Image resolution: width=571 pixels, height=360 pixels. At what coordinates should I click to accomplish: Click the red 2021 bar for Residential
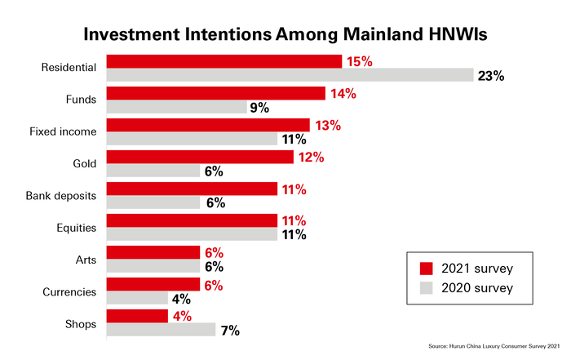tap(224, 61)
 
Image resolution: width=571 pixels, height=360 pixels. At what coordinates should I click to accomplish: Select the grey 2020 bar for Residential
tap(290, 75)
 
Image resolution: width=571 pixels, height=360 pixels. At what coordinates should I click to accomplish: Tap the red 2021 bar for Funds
tap(216, 93)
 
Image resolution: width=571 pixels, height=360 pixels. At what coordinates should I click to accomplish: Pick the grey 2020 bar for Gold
tap(153, 170)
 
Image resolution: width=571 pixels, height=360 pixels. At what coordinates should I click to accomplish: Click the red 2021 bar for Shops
tap(137, 316)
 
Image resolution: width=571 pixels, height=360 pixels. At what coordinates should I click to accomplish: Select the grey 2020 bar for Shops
tap(161, 330)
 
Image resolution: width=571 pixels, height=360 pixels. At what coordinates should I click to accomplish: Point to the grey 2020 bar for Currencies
tap(137, 298)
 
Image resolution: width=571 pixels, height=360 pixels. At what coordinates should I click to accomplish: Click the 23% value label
tap(491, 76)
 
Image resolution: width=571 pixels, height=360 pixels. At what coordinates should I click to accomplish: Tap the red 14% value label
tap(343, 94)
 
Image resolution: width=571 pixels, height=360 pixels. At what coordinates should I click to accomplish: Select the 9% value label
tap(259, 108)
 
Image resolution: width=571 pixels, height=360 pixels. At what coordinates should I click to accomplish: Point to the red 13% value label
tap(328, 126)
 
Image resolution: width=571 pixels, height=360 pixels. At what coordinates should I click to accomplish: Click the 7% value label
tap(230, 331)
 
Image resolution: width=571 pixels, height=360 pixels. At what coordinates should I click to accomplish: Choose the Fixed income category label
tap(63, 131)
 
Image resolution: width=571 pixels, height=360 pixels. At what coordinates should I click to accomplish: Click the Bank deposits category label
tap(61, 196)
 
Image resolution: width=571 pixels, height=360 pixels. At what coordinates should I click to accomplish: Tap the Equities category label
tap(77, 228)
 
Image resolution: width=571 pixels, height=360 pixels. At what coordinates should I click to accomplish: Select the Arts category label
tap(86, 260)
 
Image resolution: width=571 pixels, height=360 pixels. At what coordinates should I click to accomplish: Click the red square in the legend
tap(426, 269)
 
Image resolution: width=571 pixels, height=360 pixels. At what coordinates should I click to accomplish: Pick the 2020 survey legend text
tap(477, 288)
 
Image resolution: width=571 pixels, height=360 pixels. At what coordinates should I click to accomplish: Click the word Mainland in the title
tap(383, 34)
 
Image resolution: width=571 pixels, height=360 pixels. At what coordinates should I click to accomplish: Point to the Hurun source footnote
tap(494, 346)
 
